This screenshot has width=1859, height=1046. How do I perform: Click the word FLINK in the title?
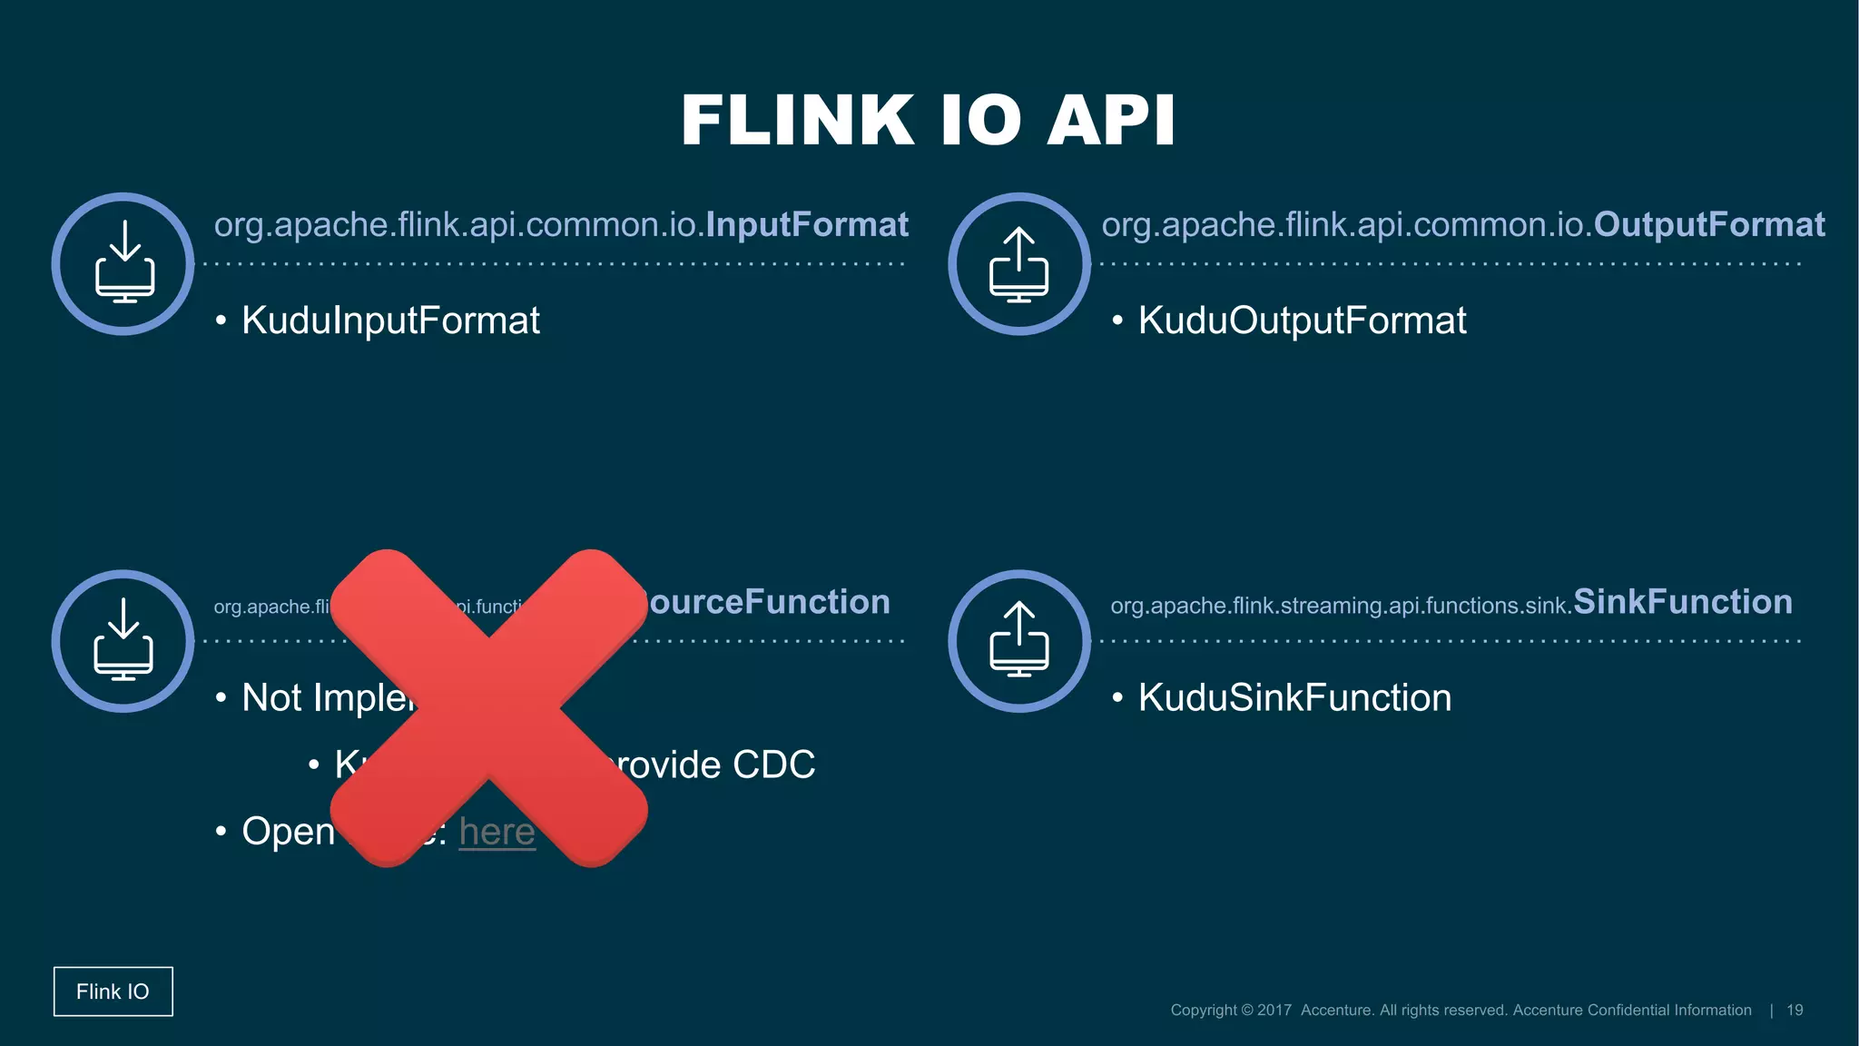tap(797, 121)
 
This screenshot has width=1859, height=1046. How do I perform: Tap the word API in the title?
tap(1111, 121)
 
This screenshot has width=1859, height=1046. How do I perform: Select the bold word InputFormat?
tap(807, 224)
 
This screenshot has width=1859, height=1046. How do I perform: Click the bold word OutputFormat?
tap(1708, 224)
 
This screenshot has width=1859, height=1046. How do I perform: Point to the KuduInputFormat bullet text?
tap(390, 321)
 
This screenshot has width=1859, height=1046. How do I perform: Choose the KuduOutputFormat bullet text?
tap(1302, 321)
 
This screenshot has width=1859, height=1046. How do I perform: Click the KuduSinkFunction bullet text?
tap(1294, 698)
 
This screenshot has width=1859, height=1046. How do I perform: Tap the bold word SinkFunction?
tap(1682, 602)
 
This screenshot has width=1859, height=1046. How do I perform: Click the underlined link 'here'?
tap(497, 832)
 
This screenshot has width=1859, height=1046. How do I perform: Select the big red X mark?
tap(488, 708)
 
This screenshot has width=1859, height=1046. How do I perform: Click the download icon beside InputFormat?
tap(123, 263)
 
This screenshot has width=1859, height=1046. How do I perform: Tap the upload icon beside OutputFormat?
tap(1019, 263)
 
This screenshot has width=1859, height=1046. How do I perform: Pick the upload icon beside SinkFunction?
tap(1019, 641)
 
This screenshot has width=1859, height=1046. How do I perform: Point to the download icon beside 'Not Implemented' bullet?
tap(123, 641)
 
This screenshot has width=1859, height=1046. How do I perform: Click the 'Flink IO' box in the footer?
tap(113, 992)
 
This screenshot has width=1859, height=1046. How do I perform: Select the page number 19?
tap(1795, 1011)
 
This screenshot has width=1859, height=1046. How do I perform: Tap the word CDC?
tap(773, 765)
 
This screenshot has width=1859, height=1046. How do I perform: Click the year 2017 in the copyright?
tap(1274, 1011)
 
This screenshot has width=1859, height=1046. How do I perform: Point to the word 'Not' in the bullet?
tap(271, 698)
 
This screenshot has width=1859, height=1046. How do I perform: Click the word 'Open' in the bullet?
tap(289, 832)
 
